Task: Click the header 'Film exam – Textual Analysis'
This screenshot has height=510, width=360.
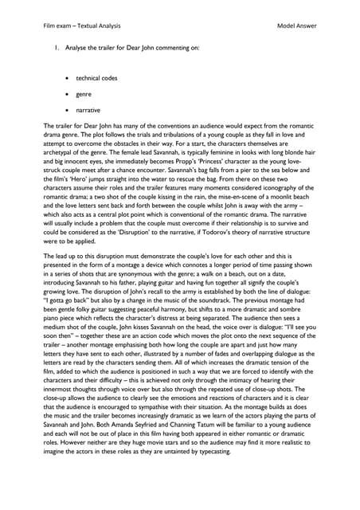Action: pos(84,25)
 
